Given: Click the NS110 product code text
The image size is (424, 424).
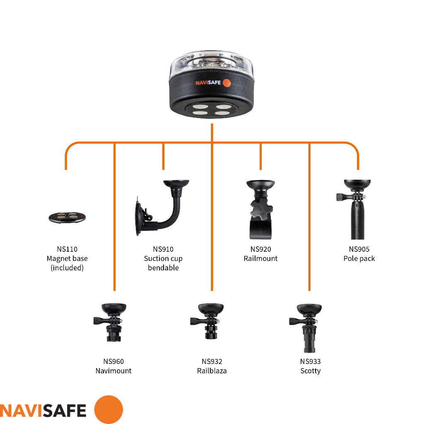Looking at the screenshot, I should pyautogui.click(x=67, y=249).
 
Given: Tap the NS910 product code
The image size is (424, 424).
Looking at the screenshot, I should pyautogui.click(x=163, y=249).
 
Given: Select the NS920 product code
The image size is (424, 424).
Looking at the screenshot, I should pyautogui.click(x=260, y=249).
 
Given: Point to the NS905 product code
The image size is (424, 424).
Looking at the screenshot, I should pyautogui.click(x=359, y=249).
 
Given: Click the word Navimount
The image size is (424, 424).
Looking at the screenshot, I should pyautogui.click(x=113, y=371).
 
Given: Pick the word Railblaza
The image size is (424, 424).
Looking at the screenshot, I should pyautogui.click(x=212, y=371).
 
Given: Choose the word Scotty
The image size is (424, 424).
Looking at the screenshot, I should pyautogui.click(x=310, y=371).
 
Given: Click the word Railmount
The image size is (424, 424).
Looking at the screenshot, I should pyautogui.click(x=260, y=259).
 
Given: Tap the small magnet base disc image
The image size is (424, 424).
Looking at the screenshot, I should pyautogui.click(x=67, y=217).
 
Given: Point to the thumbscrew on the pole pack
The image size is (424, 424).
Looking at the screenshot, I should pyautogui.click(x=343, y=197).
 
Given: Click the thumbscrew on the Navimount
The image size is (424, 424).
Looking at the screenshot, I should pyautogui.click(x=100, y=320).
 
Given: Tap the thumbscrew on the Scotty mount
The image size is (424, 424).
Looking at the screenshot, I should pyautogui.click(x=295, y=320).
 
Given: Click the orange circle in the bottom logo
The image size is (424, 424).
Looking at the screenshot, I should pyautogui.click(x=108, y=410).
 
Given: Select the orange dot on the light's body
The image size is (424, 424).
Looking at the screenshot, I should pyautogui.click(x=226, y=83).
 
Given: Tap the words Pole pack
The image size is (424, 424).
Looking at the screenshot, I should pyautogui.click(x=359, y=259).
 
